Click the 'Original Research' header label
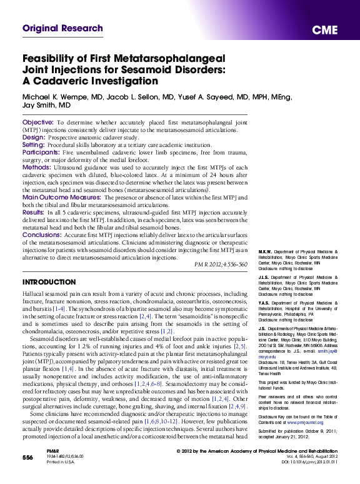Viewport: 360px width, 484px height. tap(62, 29)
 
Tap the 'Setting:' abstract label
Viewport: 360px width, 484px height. tap(34, 144)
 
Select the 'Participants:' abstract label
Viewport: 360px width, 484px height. tap(41, 151)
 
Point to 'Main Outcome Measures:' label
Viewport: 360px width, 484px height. tap(64, 197)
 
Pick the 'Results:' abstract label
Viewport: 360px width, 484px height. tap(34, 213)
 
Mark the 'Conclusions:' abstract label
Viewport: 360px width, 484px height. tap(42, 235)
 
